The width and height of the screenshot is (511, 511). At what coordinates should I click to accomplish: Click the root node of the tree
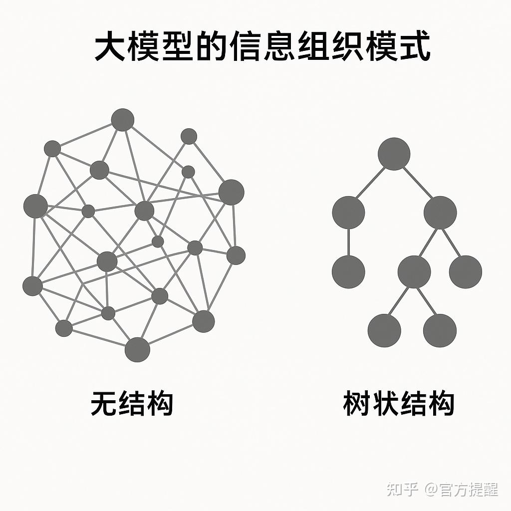tap(394, 154)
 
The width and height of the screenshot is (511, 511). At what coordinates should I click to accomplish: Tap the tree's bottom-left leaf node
tap(384, 330)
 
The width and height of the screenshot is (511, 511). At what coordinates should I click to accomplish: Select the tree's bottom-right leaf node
tap(440, 330)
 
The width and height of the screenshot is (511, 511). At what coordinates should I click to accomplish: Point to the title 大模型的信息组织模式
tap(262, 47)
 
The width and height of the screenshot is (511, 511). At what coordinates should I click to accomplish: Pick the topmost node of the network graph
tap(123, 120)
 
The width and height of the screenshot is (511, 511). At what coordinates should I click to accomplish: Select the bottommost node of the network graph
tap(137, 349)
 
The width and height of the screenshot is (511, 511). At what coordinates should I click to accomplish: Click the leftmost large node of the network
tap(35, 206)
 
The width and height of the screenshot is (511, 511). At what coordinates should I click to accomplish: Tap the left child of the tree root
tap(348, 213)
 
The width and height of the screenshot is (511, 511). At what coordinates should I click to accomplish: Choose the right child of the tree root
tap(440, 213)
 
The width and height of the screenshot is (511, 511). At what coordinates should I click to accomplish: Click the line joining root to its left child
tap(371, 183)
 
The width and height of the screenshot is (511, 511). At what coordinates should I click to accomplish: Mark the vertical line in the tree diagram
tap(348, 242)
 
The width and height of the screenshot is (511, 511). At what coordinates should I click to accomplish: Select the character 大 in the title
tap(109, 47)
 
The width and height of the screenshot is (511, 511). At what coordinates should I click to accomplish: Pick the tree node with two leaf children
tap(414, 272)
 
